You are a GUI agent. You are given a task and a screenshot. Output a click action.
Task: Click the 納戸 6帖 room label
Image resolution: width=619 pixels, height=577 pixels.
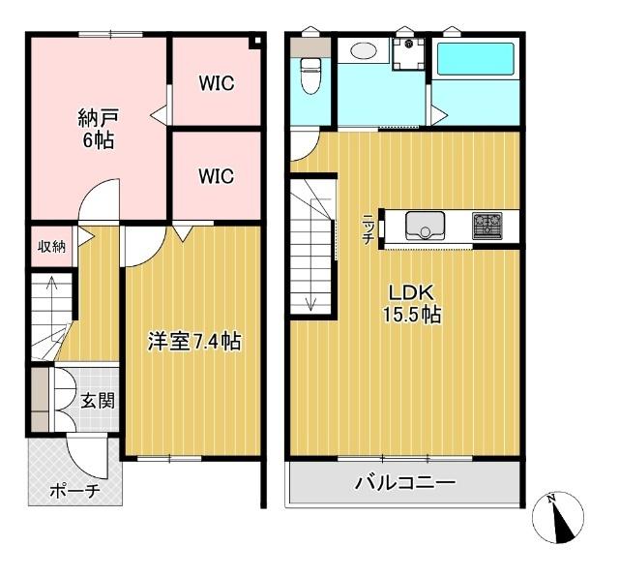pyautogui.click(x=99, y=129)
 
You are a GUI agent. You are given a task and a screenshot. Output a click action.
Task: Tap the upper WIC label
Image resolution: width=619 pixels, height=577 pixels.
pyautogui.click(x=217, y=83)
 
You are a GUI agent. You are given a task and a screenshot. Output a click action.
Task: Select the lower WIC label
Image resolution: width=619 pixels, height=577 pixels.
pyautogui.click(x=217, y=176)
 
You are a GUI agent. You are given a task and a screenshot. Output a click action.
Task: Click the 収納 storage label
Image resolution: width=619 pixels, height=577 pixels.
pyautogui.click(x=51, y=247)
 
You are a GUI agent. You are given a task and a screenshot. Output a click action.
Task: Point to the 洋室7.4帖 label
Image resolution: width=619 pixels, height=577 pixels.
pyautogui.click(x=194, y=341)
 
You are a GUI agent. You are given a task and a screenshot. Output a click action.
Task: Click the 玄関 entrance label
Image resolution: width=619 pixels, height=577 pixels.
pyautogui.click(x=98, y=401)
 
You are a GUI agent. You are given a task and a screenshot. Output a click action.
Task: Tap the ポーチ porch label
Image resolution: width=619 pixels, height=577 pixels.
pyautogui.click(x=74, y=491)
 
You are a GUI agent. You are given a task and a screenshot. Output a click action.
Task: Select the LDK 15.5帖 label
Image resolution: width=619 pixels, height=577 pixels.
pyautogui.click(x=412, y=304)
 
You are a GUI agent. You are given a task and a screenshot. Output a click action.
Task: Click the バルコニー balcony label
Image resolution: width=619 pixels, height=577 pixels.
pyautogui.click(x=405, y=482)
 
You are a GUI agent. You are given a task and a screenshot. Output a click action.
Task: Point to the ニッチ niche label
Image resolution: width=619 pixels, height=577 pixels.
pyautogui.click(x=368, y=229)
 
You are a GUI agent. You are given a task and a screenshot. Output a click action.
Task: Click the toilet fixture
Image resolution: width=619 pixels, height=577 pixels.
pyautogui.click(x=310, y=76)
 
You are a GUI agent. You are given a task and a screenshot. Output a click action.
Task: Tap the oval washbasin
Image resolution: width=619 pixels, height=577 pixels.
pyautogui.click(x=364, y=50)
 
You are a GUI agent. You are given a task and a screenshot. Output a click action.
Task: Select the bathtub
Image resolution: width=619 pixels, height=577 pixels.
pyautogui.click(x=475, y=59)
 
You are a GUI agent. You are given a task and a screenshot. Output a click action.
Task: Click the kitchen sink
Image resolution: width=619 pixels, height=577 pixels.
pyautogui.click(x=426, y=226)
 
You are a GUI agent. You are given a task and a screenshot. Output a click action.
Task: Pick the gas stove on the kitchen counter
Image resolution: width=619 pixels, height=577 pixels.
pyautogui.click(x=487, y=226)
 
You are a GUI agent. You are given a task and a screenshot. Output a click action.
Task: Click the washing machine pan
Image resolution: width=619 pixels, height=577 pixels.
pyautogui.click(x=408, y=54)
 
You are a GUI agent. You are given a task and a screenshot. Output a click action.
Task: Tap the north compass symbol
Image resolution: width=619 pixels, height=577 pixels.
pyautogui.click(x=558, y=518)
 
